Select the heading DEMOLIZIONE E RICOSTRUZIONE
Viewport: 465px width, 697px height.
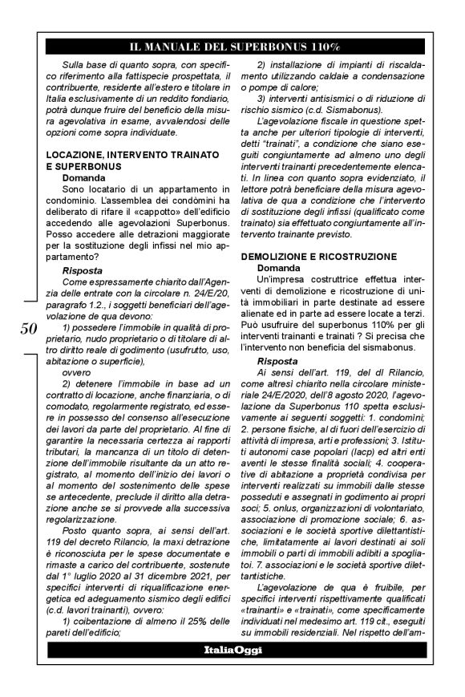318,254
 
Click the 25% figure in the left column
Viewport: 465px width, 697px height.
210,621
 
